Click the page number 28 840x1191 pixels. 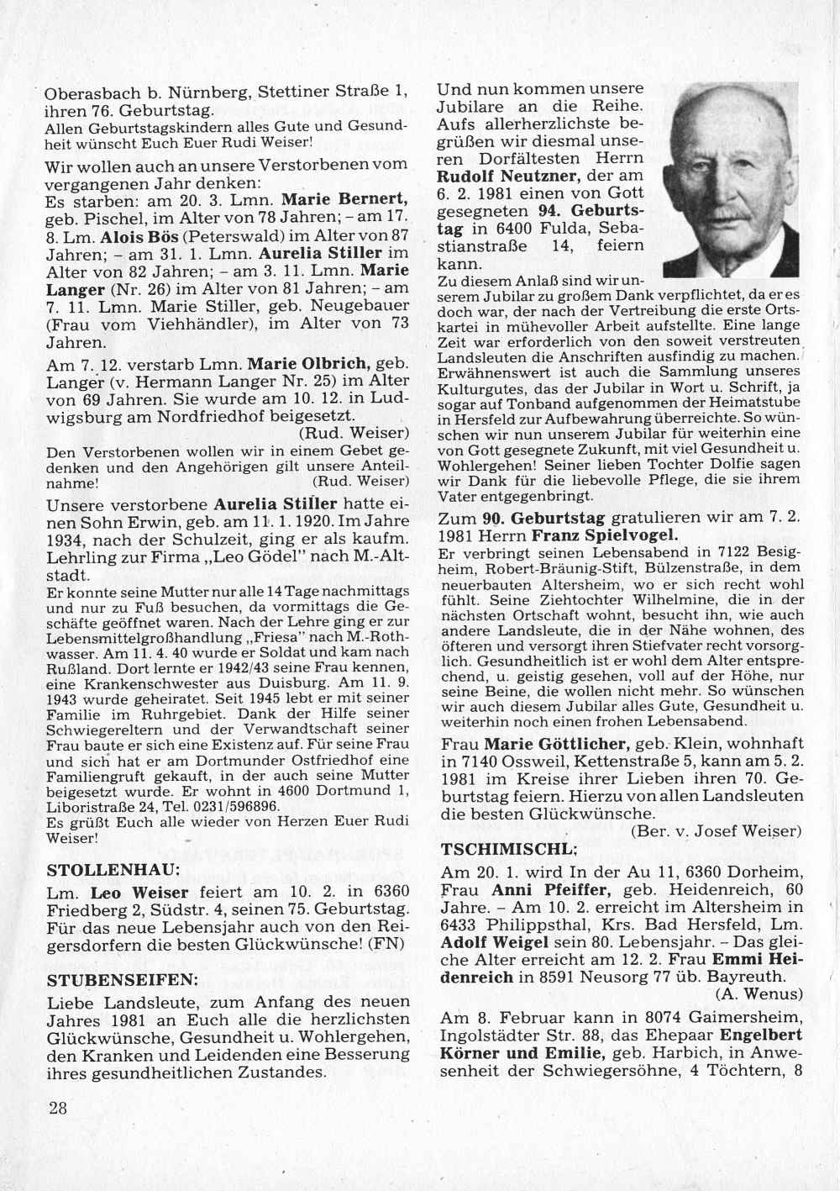pyautogui.click(x=58, y=1108)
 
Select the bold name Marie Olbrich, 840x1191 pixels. pyautogui.click(x=311, y=364)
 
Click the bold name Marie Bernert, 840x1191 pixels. pyautogui.click(x=344, y=200)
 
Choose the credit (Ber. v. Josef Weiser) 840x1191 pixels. pyautogui.click(x=716, y=831)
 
